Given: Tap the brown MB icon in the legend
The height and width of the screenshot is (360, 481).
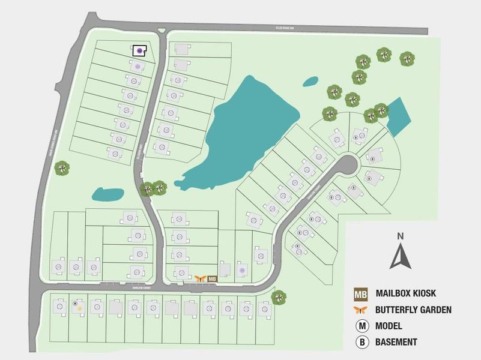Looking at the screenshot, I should [360, 294].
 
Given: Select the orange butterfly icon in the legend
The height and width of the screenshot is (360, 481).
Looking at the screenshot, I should [360, 310].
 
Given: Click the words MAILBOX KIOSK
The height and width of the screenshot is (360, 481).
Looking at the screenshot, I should [405, 294].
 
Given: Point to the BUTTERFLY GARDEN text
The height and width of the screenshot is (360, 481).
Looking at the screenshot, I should [413, 310].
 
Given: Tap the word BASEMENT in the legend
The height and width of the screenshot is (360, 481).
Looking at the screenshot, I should [396, 342].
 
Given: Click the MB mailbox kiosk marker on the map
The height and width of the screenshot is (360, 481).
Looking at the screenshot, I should [211, 278].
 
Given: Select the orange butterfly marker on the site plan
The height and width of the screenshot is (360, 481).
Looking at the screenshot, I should [201, 278].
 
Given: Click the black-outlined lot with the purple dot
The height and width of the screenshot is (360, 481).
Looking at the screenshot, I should [140, 50].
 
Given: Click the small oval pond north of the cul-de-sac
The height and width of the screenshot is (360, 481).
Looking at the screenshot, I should [310, 80].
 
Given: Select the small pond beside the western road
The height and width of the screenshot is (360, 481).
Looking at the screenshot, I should [106, 194].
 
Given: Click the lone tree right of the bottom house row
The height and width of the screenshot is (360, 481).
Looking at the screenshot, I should [279, 297].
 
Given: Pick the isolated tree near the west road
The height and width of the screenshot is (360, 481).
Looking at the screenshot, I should [61, 168].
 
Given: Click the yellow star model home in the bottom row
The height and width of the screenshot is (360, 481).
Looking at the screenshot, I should [80, 307].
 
